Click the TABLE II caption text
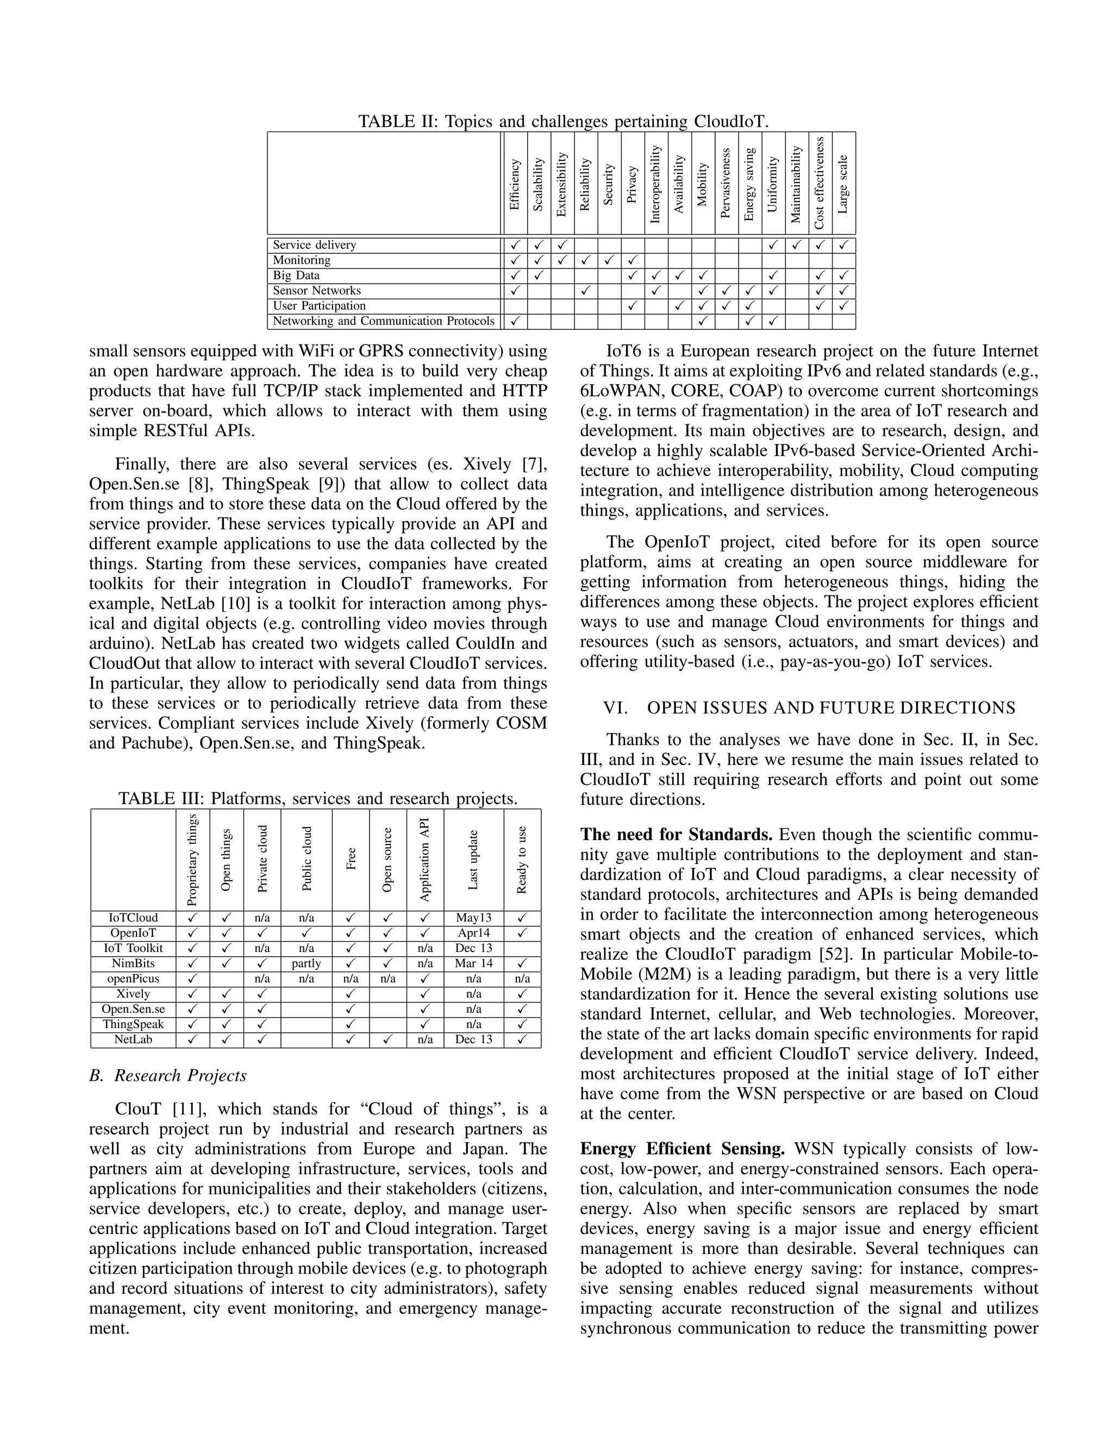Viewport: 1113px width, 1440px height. (563, 122)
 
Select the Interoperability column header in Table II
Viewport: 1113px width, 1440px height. (655, 184)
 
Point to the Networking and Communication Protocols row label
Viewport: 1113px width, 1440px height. (383, 321)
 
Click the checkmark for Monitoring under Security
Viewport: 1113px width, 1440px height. (609, 260)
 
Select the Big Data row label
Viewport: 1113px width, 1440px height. (296, 276)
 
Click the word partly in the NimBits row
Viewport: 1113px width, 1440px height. (306, 963)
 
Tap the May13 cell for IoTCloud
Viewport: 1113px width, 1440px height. (473, 918)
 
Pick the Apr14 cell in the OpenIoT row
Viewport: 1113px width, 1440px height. (473, 933)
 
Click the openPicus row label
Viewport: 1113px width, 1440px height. (133, 979)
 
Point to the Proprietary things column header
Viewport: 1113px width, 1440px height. (192, 860)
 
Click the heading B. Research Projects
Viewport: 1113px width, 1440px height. (167, 1075)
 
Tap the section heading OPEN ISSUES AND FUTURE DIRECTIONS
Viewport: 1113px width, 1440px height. (831, 708)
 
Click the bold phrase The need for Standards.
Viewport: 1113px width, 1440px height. (676, 835)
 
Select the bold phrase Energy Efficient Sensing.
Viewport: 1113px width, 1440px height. (682, 1149)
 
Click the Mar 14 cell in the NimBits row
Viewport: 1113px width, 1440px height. (473, 963)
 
